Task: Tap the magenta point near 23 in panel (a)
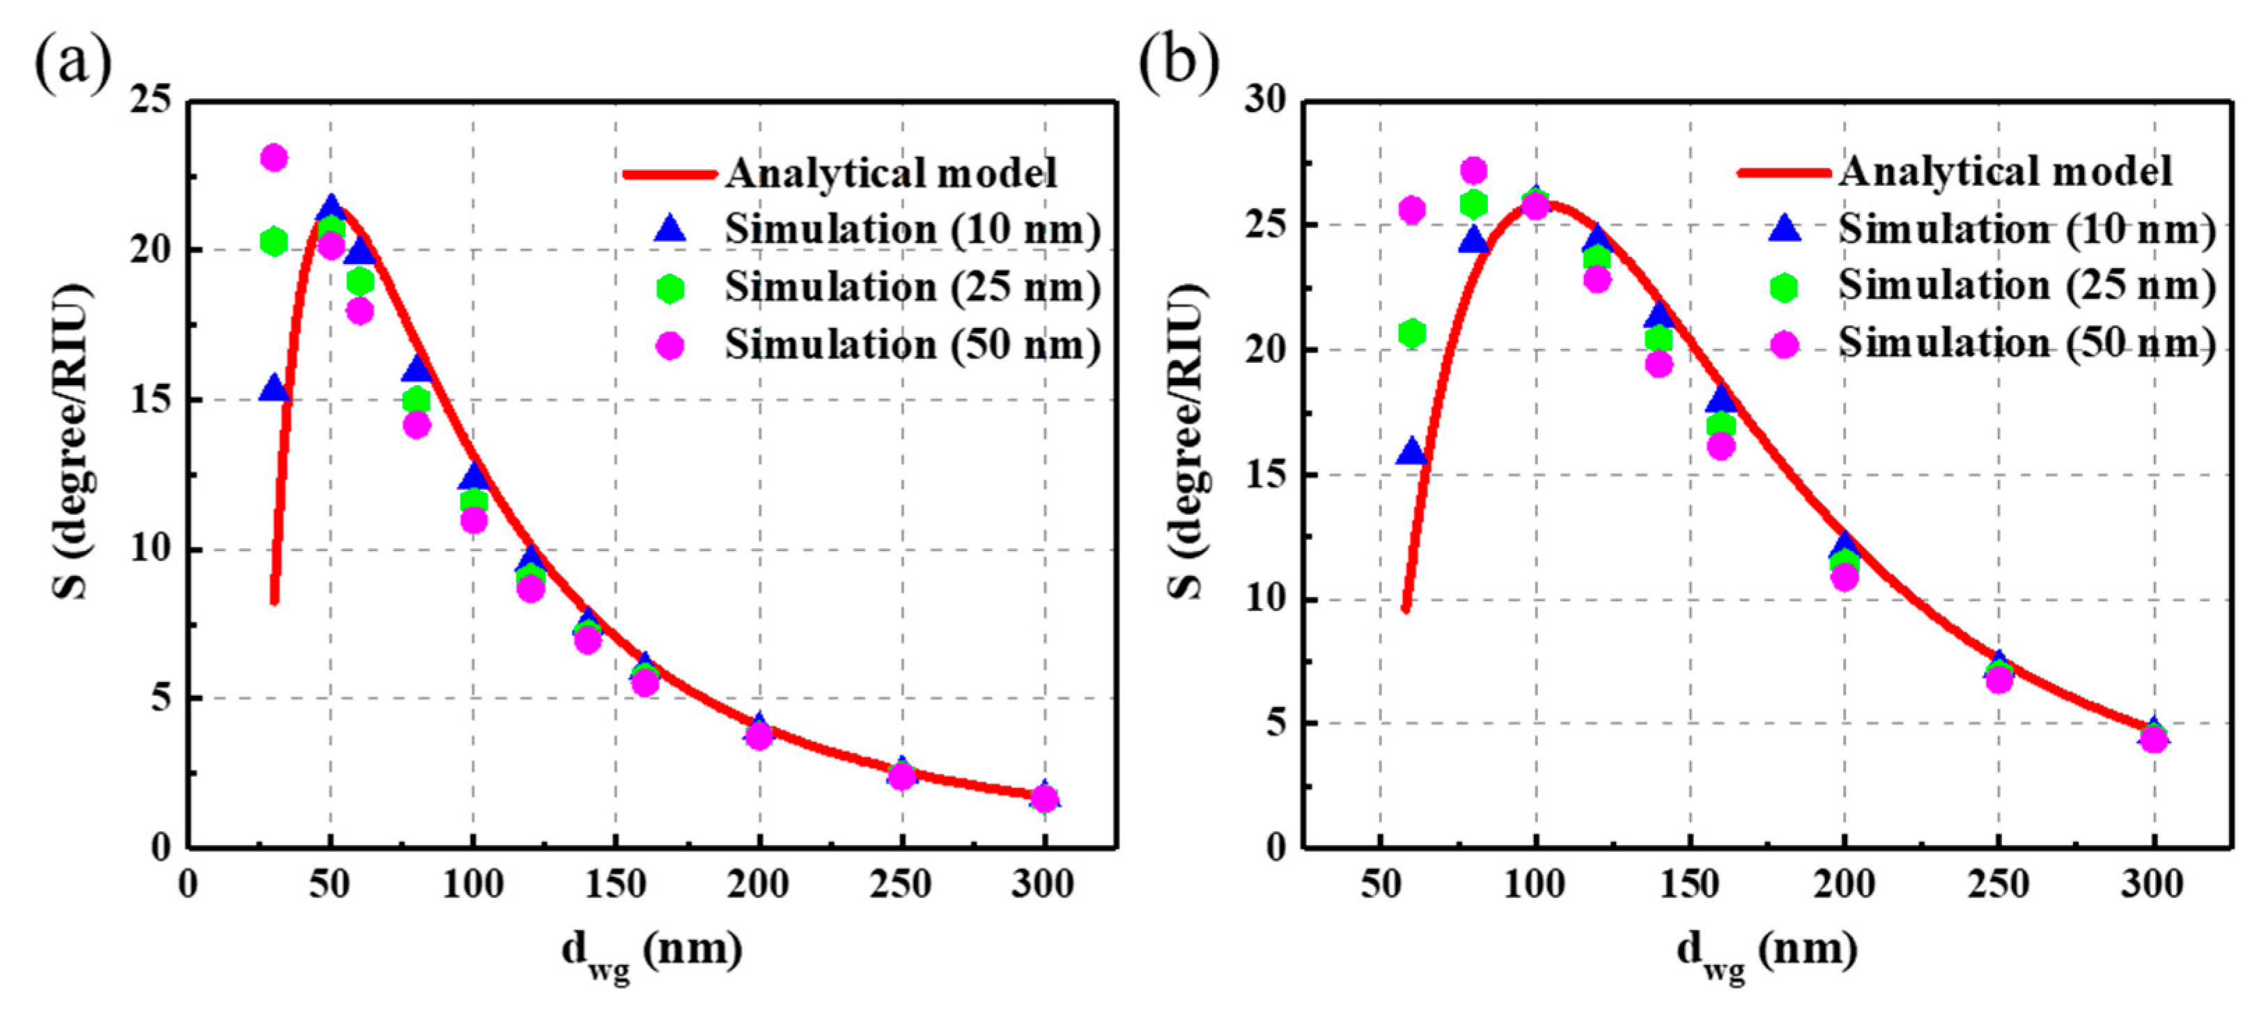[x=274, y=158]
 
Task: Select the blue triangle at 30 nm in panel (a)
[x=274, y=389]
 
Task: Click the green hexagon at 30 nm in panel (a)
[x=274, y=241]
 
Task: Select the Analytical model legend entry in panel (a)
[x=890, y=173]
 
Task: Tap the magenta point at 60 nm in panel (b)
[x=1411, y=210]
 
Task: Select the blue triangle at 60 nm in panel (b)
[x=1411, y=453]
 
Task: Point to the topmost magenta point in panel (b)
[x=1473, y=170]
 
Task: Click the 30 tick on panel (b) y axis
[x=1265, y=100]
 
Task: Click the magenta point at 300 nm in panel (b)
[x=2152, y=739]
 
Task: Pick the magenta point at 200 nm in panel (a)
[x=759, y=736]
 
